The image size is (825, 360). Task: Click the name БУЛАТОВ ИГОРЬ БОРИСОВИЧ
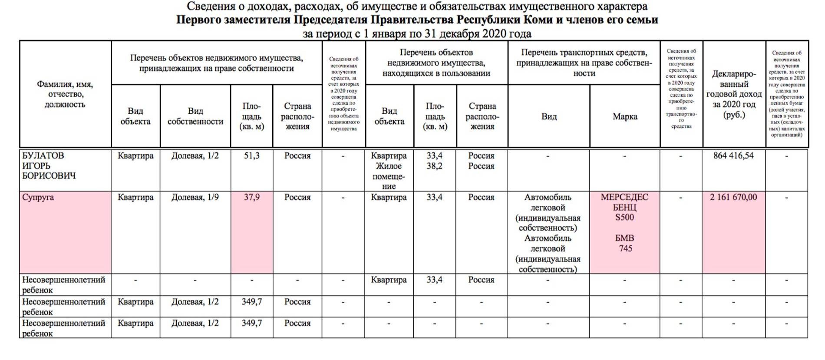point(49,166)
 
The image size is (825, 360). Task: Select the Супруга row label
point(38,197)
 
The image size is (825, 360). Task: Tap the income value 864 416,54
point(733,155)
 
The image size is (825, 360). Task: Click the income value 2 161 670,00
point(733,197)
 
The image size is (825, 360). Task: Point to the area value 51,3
point(251,155)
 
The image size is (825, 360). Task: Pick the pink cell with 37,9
point(251,197)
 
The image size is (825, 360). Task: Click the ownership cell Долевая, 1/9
point(195,197)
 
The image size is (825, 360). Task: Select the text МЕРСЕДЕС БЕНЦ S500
point(624,207)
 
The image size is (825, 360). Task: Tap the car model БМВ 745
point(624,243)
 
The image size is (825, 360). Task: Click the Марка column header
point(625,116)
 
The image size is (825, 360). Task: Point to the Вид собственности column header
point(195,116)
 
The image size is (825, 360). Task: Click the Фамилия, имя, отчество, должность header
point(65,94)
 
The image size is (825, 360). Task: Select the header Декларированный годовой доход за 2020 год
point(734,94)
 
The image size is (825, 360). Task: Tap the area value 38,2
point(434,166)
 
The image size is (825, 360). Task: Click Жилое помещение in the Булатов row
point(389,176)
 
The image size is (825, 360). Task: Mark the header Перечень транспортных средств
point(584,63)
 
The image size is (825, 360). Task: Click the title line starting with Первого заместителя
point(417,20)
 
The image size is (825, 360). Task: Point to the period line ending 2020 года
point(417,33)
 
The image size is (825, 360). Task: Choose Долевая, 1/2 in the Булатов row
point(195,155)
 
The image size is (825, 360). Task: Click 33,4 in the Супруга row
point(434,197)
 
